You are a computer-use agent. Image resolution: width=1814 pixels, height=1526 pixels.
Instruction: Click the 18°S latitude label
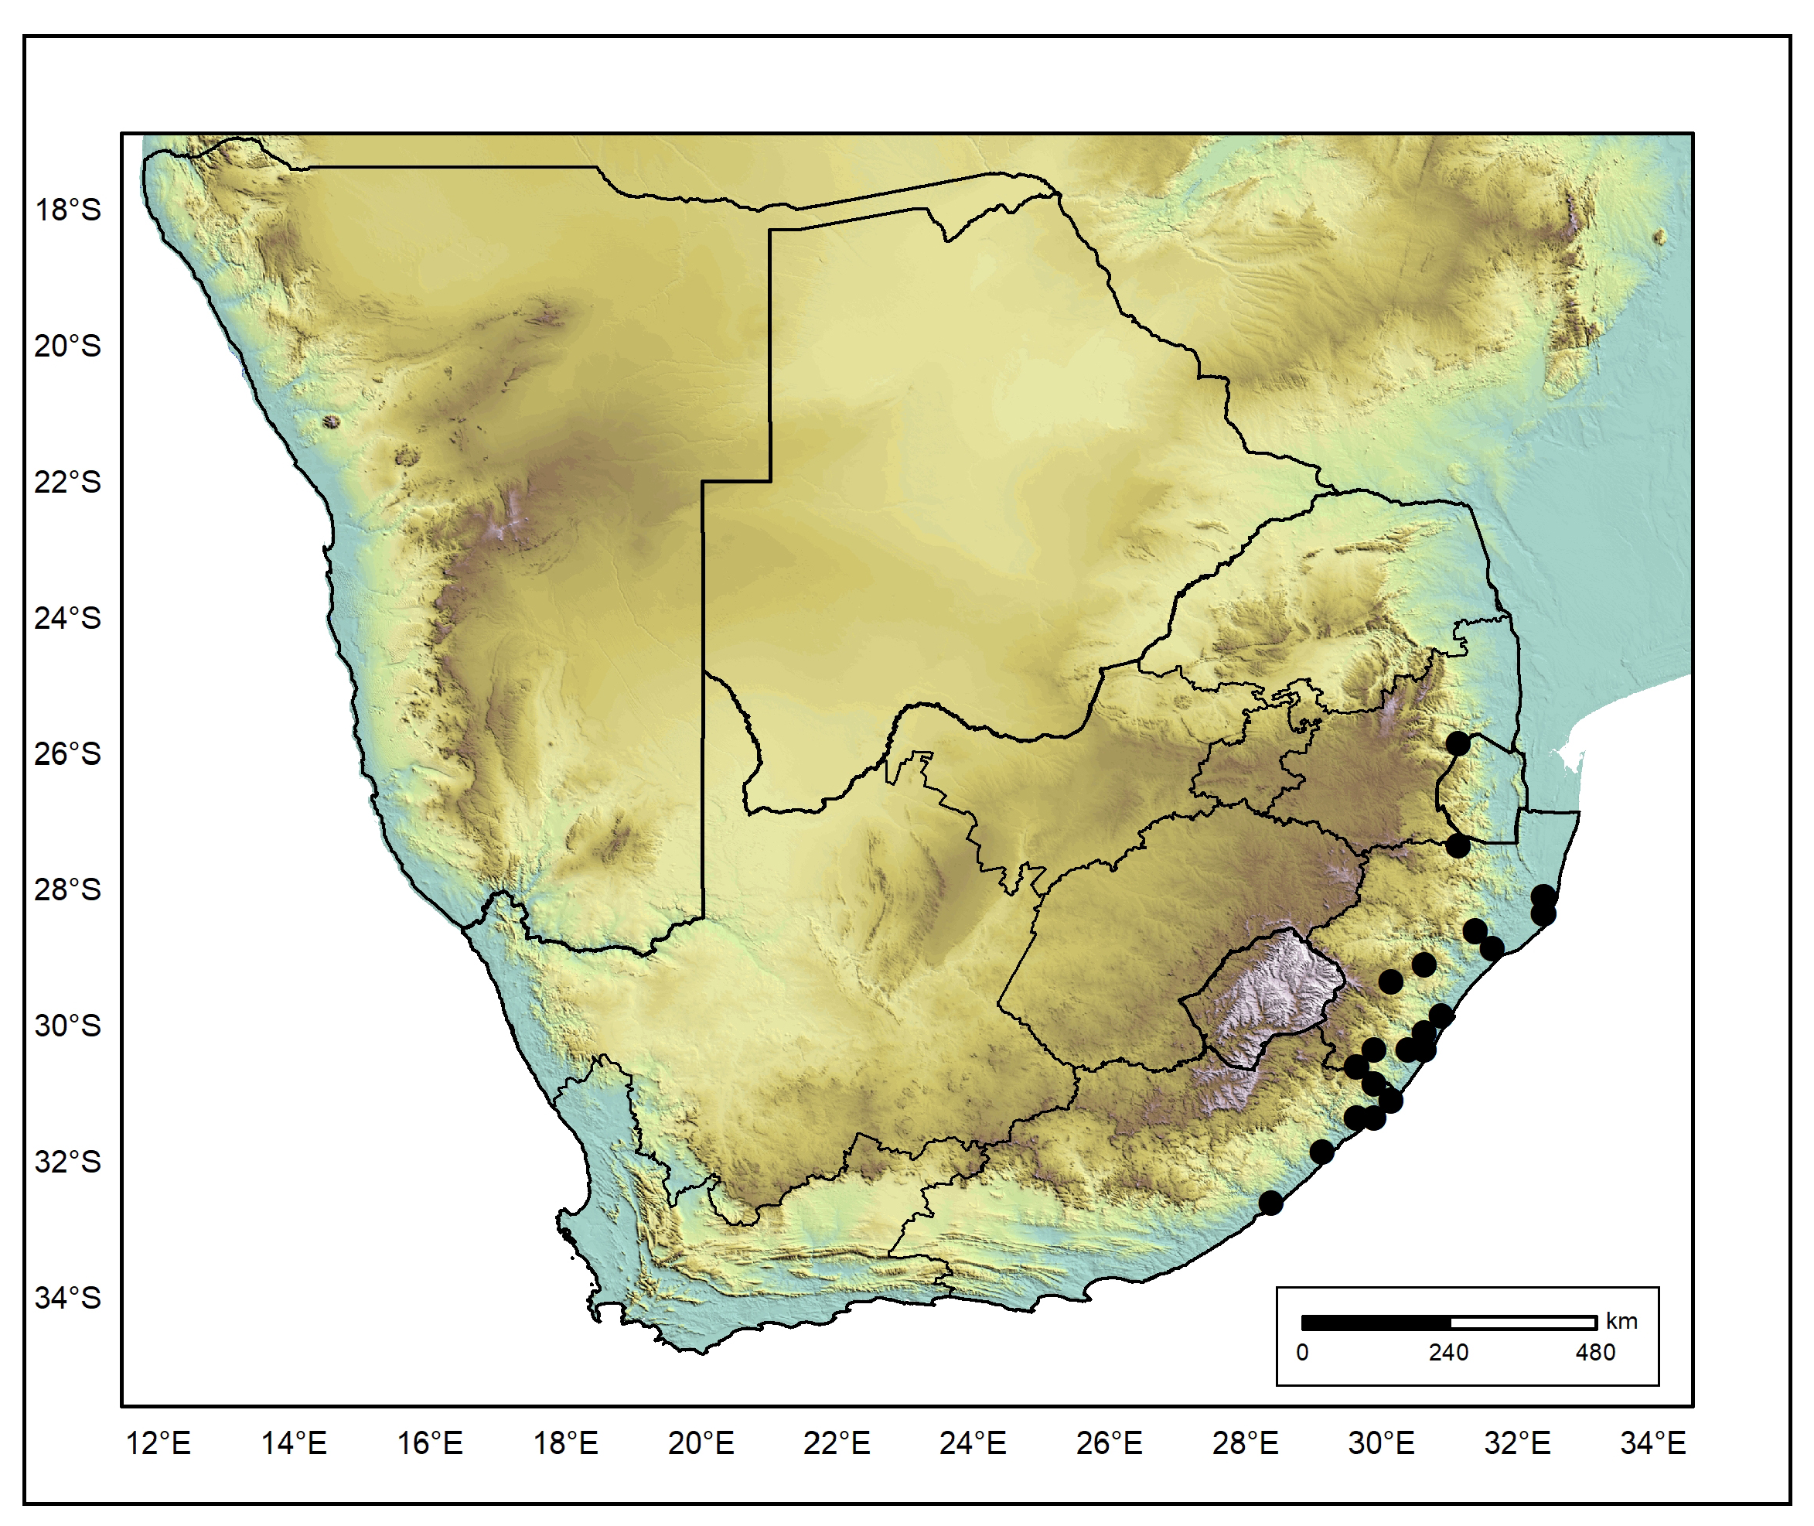67,210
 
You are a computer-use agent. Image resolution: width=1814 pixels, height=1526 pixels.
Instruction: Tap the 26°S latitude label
67,754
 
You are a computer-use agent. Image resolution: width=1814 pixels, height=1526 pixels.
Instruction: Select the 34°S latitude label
67,1299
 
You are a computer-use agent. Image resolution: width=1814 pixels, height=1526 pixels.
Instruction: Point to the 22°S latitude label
67,483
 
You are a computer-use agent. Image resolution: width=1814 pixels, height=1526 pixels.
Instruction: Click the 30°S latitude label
67,1026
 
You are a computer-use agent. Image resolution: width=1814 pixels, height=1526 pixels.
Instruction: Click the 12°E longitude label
159,1444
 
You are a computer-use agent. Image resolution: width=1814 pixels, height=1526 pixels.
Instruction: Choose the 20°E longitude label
701,1444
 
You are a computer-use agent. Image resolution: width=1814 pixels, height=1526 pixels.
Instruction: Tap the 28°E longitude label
1245,1444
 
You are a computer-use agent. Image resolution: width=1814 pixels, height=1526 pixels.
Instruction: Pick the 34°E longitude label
1653,1444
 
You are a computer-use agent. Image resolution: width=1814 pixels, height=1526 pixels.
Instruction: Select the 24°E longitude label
973,1444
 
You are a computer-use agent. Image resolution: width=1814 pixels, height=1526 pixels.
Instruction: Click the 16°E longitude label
430,1444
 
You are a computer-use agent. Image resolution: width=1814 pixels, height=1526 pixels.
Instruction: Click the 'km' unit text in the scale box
1622,1321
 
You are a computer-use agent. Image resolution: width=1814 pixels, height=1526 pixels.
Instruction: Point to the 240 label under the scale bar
1448,1352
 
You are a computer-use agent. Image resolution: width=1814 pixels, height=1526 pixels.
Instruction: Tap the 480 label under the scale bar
1595,1352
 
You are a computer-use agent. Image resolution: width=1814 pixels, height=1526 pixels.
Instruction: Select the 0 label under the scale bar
1302,1352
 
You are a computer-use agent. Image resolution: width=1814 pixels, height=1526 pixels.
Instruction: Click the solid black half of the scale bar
1376,1323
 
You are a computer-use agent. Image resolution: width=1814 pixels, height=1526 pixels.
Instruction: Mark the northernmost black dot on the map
1458,743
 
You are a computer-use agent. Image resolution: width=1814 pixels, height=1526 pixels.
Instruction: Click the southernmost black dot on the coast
1270,1203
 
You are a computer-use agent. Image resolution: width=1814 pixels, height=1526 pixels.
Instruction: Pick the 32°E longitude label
1517,1444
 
